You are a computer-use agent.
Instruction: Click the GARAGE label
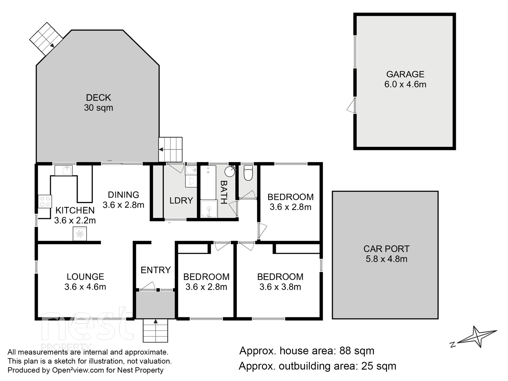click(405, 74)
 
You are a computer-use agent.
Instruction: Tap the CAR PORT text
click(386, 249)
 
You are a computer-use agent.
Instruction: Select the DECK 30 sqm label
click(98, 103)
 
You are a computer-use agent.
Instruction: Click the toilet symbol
click(248, 172)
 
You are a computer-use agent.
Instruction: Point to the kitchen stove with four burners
click(45, 202)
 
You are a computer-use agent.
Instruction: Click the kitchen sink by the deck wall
click(63, 170)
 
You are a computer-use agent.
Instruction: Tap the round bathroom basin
click(230, 171)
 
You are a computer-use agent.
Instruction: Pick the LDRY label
click(181, 201)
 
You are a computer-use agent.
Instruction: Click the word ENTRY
click(156, 270)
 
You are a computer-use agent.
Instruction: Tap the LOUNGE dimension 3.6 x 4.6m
click(85, 287)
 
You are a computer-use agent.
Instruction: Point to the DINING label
click(124, 195)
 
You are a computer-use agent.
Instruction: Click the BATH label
click(224, 192)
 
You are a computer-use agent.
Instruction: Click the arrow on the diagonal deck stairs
click(52, 45)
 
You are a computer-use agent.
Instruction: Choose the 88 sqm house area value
click(357, 351)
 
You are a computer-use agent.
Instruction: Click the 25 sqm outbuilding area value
click(379, 366)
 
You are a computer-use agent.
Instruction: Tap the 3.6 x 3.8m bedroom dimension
click(280, 287)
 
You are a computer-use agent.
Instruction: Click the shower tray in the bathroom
click(209, 209)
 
